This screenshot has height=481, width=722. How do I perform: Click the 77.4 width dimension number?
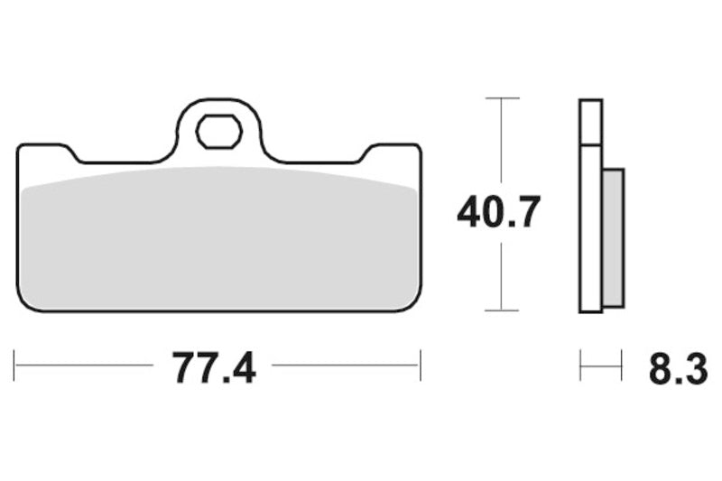point(214,368)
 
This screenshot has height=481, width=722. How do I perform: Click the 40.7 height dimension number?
point(498,212)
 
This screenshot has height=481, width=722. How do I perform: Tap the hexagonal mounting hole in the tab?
point(219,131)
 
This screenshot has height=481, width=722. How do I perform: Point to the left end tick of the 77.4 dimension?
point(14,365)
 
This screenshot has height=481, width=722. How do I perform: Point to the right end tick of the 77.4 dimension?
point(421,365)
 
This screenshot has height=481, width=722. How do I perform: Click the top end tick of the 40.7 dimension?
point(502,98)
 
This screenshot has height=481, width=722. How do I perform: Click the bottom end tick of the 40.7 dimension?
point(502,310)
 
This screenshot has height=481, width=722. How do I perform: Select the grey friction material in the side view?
point(614,237)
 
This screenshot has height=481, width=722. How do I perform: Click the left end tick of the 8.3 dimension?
point(580,365)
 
